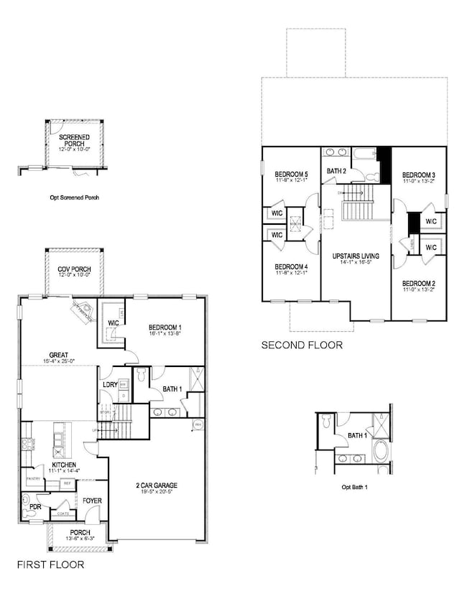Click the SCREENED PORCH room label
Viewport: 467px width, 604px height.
73,139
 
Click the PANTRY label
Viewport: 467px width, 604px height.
32,478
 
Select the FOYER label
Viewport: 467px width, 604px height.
91,500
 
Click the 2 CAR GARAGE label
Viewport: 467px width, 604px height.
156,485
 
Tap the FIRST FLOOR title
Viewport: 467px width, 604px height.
50,565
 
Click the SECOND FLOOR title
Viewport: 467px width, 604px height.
302,345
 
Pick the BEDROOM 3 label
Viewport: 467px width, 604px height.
418,175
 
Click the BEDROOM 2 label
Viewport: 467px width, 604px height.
418,283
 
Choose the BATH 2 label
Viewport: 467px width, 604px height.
336,171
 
